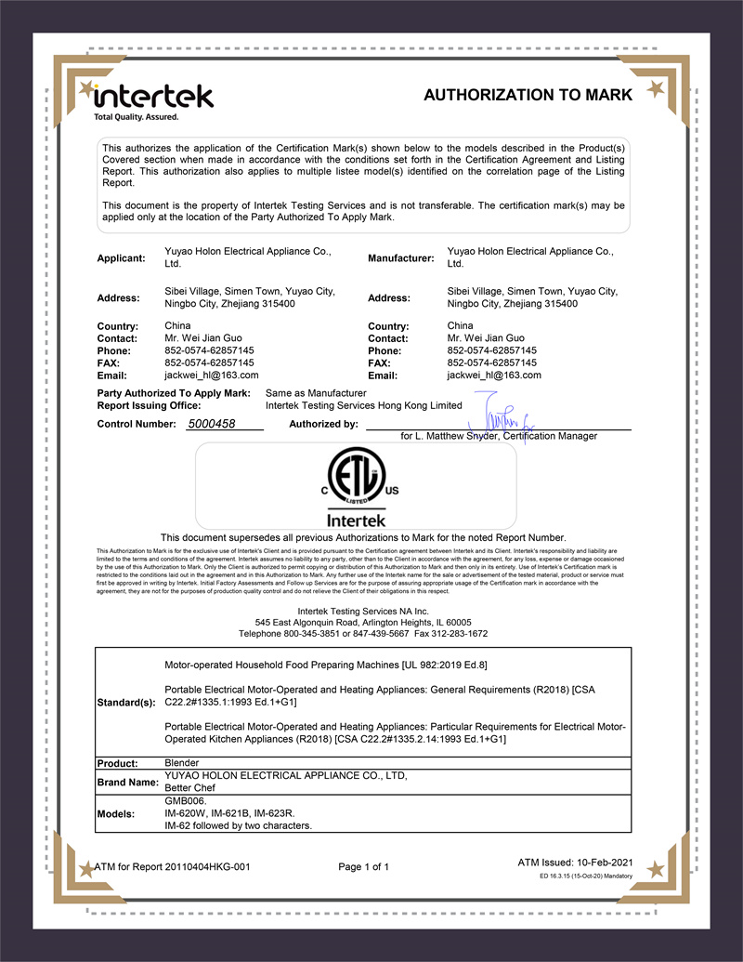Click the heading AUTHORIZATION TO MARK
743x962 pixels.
tap(528, 95)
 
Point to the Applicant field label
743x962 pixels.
tap(122, 257)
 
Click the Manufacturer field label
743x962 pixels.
tap(401, 257)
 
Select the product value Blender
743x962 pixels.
tap(181, 763)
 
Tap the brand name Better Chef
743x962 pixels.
tap(192, 787)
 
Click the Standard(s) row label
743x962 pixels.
tap(125, 703)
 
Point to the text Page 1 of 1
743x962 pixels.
tap(364, 867)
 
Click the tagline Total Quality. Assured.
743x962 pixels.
tap(135, 117)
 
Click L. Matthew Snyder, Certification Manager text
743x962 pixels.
tap(499, 436)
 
